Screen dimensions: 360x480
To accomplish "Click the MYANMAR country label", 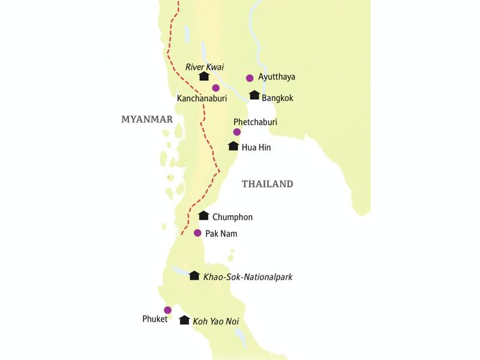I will pyautogui.click(x=147, y=119).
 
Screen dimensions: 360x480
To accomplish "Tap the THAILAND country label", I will pyautogui.click(x=267, y=184).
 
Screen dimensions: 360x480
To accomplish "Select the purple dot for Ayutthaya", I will pyautogui.click(x=250, y=78).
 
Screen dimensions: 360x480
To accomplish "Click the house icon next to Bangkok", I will pyautogui.click(x=254, y=95).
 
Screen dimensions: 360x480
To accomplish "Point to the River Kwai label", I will pyautogui.click(x=204, y=67).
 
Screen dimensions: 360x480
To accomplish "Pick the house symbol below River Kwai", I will pyautogui.click(x=204, y=76).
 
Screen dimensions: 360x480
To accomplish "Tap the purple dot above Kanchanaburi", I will pyautogui.click(x=216, y=88).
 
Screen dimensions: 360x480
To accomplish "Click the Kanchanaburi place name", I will pyautogui.click(x=202, y=98).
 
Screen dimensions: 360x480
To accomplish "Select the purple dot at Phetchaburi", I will pyautogui.click(x=237, y=132).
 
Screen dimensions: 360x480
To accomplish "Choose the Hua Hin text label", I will pyautogui.click(x=256, y=146).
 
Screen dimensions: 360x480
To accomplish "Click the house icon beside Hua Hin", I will pyautogui.click(x=233, y=146).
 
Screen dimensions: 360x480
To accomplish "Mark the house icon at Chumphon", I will pyautogui.click(x=203, y=215).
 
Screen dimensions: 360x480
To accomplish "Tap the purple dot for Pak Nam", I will pyautogui.click(x=197, y=233).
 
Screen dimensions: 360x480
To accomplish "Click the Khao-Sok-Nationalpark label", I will pyautogui.click(x=248, y=277).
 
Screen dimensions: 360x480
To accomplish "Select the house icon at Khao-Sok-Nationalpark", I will pyautogui.click(x=194, y=275).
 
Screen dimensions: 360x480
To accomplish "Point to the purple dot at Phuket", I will pyautogui.click(x=168, y=310).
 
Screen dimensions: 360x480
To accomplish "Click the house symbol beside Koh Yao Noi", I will pyautogui.click(x=184, y=320).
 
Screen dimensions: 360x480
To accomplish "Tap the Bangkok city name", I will pyautogui.click(x=277, y=98).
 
